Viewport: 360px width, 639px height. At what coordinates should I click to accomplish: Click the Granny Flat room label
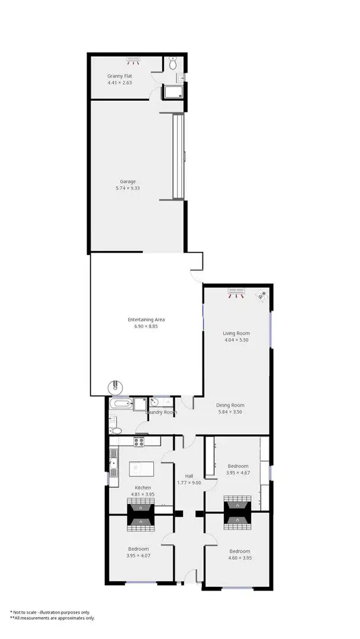click(x=119, y=76)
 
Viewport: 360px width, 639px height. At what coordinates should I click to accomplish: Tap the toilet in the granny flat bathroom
click(x=173, y=63)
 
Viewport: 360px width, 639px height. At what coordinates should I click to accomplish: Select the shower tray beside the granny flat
click(x=172, y=92)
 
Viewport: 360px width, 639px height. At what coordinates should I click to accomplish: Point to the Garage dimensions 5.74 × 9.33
click(x=127, y=188)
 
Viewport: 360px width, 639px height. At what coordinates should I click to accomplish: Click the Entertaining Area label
click(x=146, y=319)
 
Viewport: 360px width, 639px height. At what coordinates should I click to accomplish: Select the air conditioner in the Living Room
click(x=237, y=292)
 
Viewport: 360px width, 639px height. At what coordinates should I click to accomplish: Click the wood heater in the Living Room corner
click(x=262, y=295)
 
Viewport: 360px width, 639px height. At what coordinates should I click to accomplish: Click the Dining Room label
click(x=231, y=405)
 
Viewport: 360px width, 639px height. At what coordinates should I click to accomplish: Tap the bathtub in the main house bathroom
click(x=121, y=404)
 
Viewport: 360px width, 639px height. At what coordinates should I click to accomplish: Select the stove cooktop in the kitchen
click(x=140, y=441)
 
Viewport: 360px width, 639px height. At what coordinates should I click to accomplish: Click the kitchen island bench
click(x=142, y=469)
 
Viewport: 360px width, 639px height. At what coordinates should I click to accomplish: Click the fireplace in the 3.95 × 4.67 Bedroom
click(x=238, y=512)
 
